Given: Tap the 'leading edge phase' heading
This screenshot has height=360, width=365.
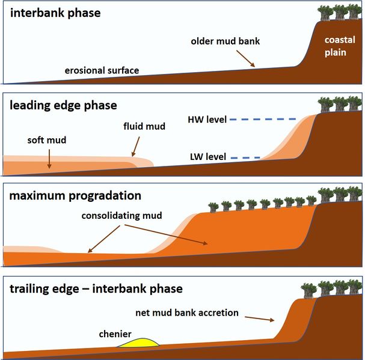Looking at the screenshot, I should click(63, 106).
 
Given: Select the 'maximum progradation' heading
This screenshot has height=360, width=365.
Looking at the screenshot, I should click(75, 196).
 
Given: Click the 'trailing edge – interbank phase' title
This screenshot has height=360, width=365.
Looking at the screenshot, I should click(96, 289).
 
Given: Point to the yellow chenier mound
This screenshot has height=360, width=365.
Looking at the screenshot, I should click(139, 343).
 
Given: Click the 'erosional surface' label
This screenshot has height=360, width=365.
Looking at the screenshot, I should click(102, 70).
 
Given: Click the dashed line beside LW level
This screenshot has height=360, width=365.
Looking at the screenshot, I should click(247, 158).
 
